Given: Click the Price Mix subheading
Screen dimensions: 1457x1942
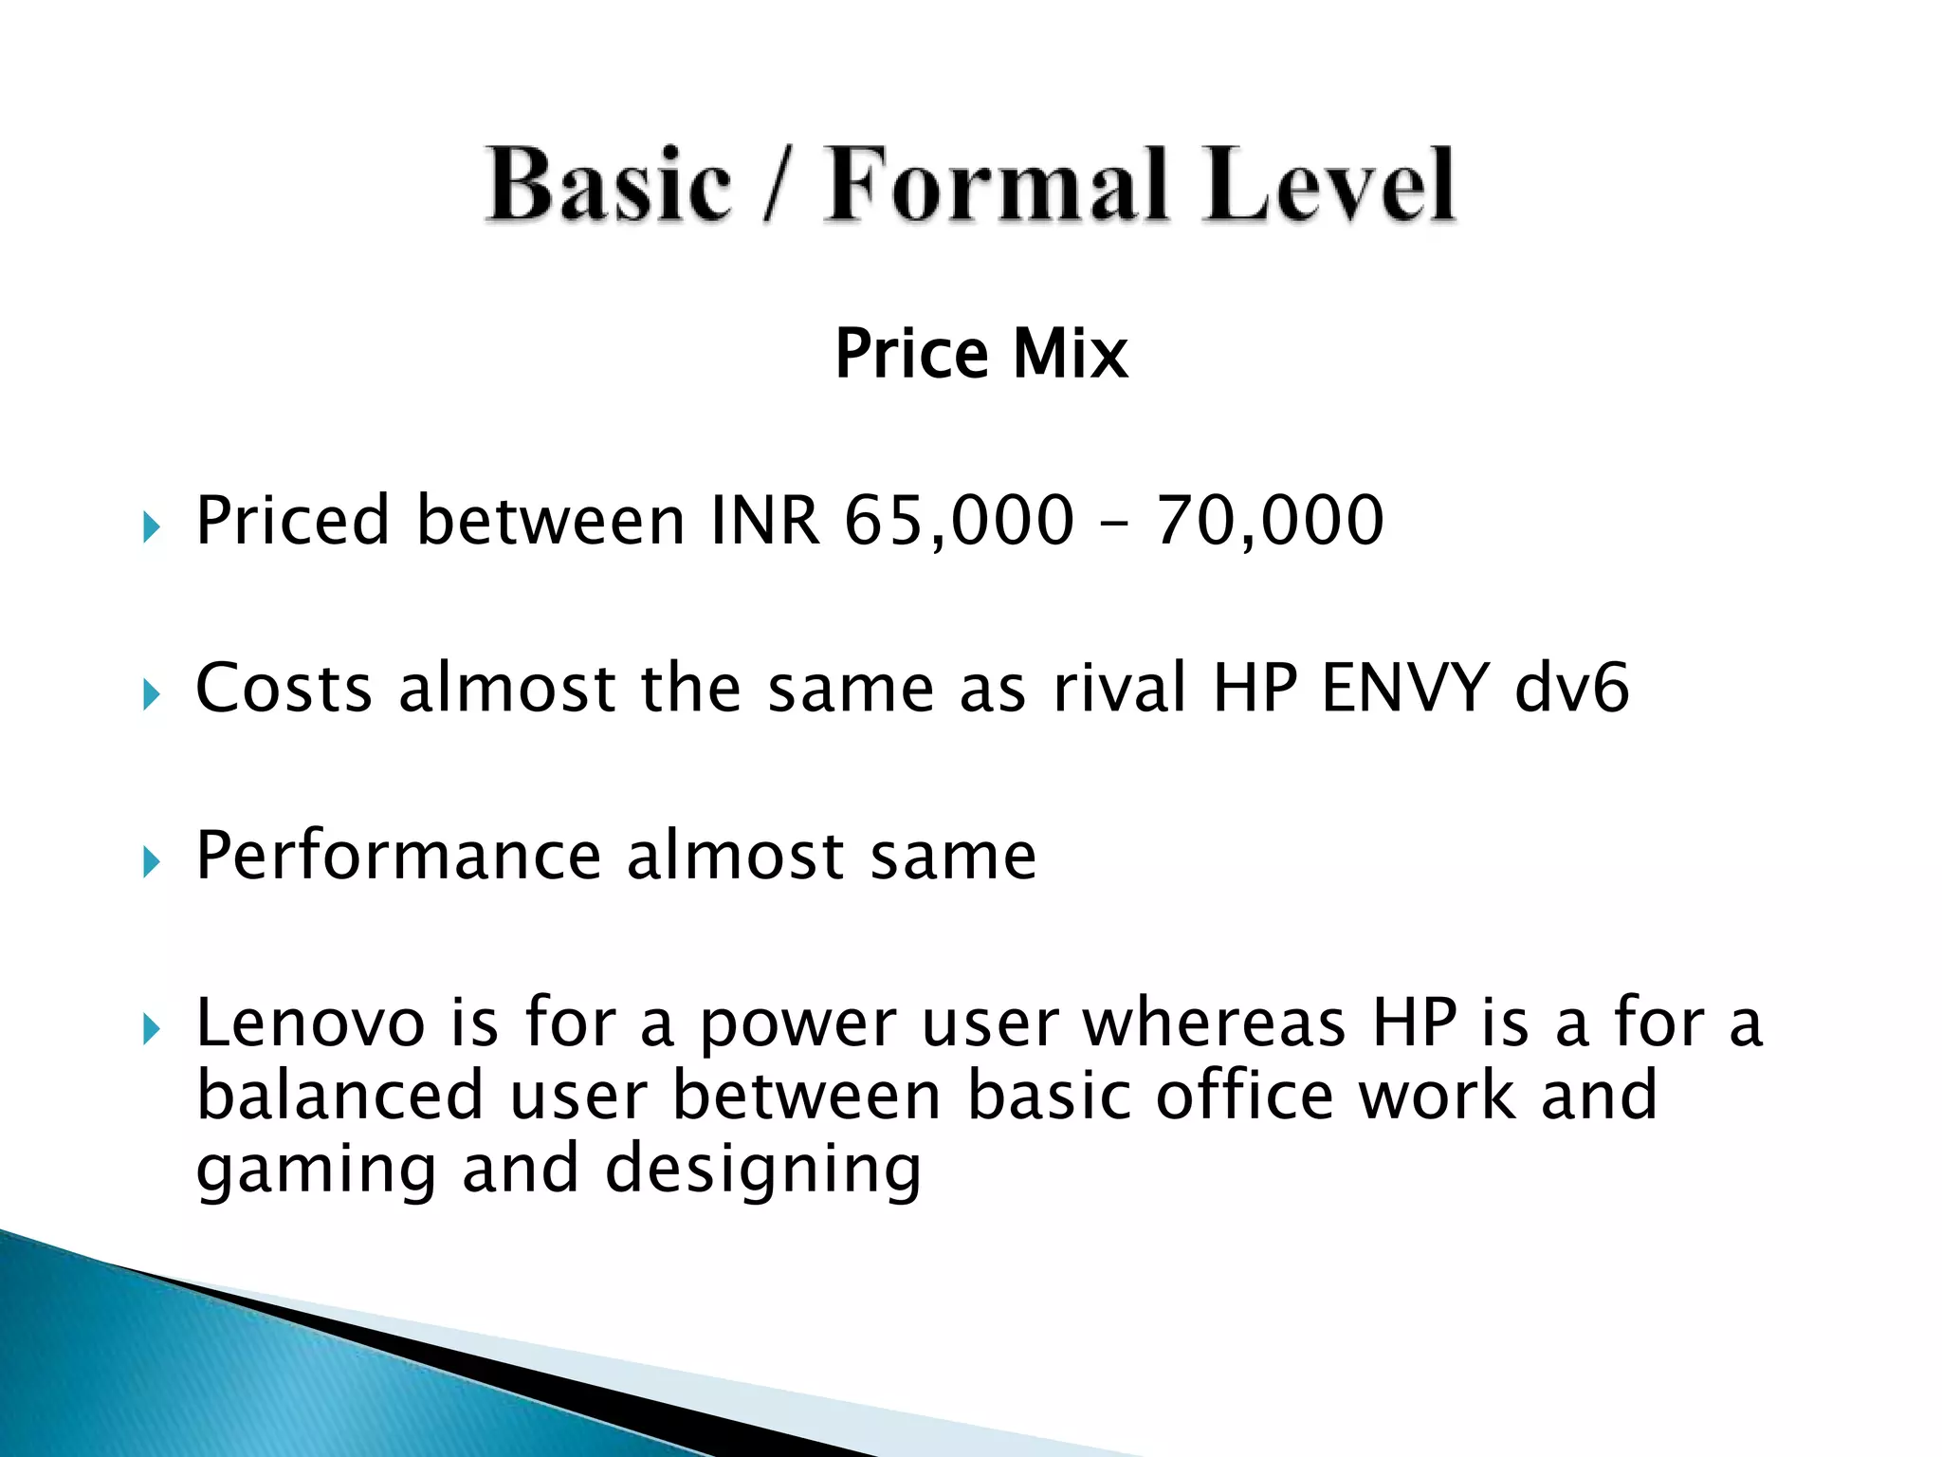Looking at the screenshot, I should [x=981, y=354].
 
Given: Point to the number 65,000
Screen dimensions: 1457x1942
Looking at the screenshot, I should [x=959, y=521].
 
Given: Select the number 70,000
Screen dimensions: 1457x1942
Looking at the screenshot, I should [x=1270, y=521].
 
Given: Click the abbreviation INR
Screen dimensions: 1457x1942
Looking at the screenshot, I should [x=764, y=521].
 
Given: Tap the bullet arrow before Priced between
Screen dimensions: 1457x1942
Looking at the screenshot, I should [x=152, y=526].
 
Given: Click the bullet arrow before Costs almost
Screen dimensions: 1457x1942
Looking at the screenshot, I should [x=152, y=694].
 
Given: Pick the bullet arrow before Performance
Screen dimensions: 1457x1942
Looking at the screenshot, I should [x=152, y=861].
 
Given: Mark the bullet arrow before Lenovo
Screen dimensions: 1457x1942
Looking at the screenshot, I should [x=152, y=1028].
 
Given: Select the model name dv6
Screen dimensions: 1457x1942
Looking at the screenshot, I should [x=1571, y=688].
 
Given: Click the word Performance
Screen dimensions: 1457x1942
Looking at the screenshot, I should [x=398, y=857].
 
